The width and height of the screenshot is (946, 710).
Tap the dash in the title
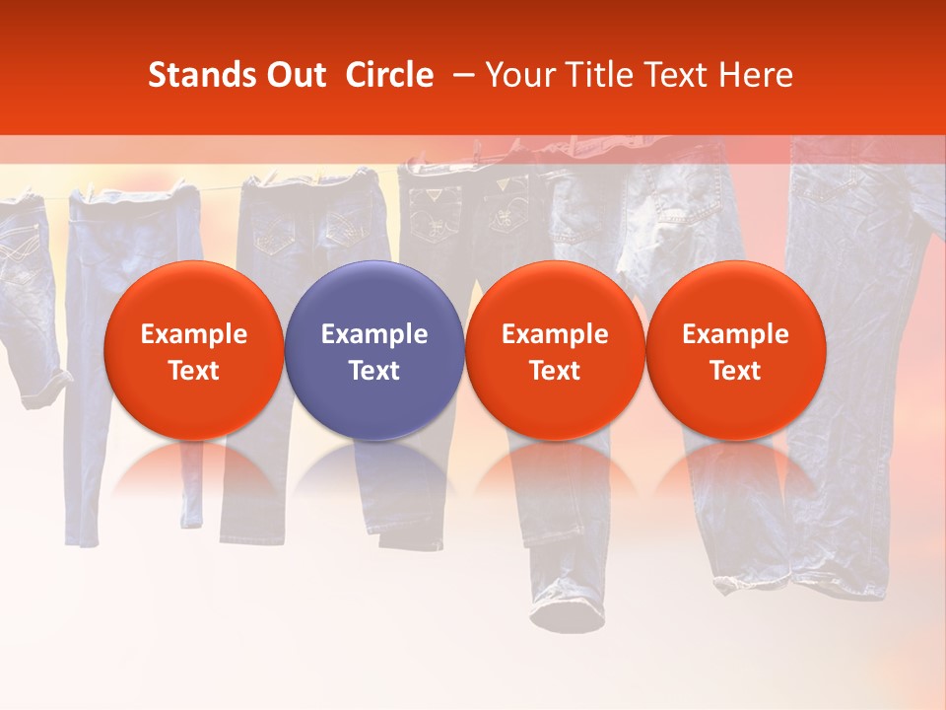coord(462,75)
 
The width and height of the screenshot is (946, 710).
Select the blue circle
coord(374,350)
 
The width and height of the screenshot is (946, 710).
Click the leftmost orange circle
coord(193,350)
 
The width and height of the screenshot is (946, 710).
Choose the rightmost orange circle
coord(735,350)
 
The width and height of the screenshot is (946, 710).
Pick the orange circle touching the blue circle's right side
coord(555,350)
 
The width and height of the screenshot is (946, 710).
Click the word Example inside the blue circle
coord(374,334)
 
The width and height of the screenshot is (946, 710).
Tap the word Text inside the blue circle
coord(374,371)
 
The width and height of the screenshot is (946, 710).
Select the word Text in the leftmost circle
coord(193,371)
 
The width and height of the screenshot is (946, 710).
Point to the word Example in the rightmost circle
coord(735,334)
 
